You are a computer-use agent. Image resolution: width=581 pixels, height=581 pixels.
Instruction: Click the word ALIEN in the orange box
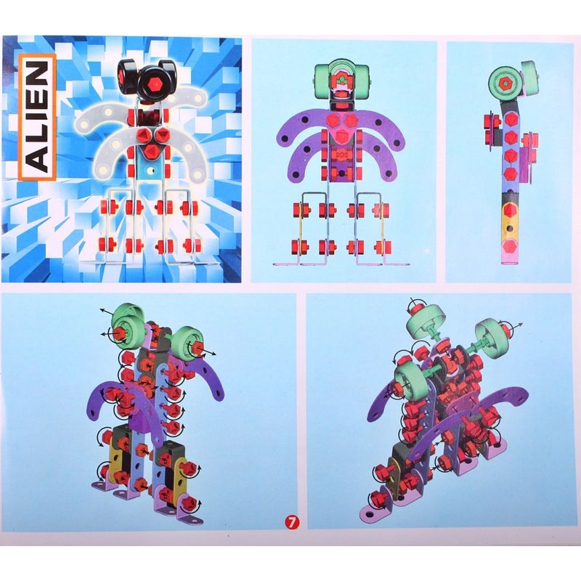(x=38, y=116)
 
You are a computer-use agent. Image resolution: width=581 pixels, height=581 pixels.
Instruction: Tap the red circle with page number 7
(x=292, y=522)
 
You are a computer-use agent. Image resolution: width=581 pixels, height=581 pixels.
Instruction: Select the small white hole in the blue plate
(x=151, y=171)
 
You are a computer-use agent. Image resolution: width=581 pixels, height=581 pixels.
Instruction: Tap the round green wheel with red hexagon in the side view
(x=504, y=84)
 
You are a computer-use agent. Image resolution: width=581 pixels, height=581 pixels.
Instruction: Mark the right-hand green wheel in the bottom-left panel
(x=187, y=341)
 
